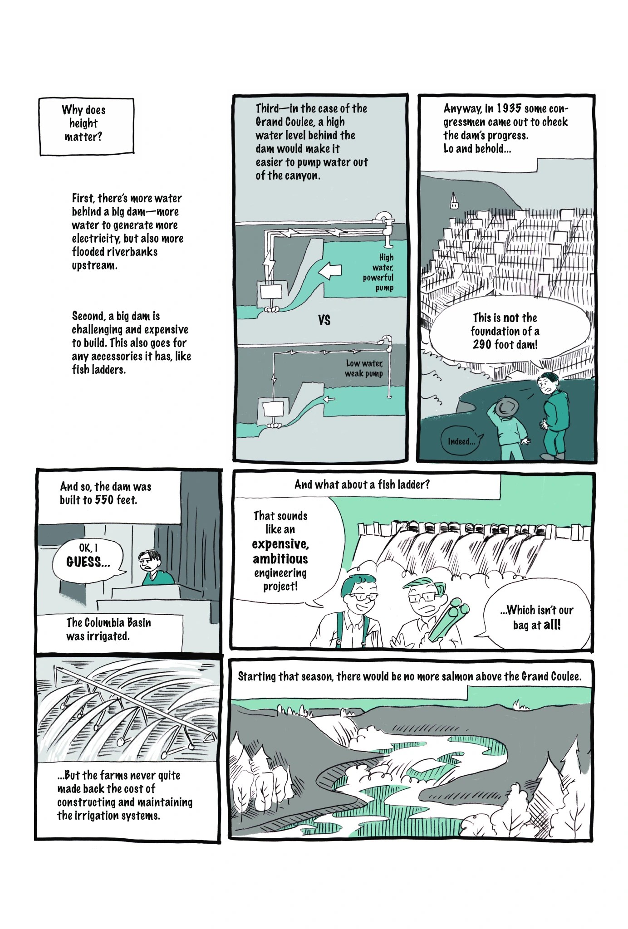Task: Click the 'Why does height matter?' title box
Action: click(87, 127)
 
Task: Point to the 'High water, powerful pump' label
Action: click(378, 272)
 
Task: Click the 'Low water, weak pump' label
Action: click(364, 368)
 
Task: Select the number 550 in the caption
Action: click(105, 500)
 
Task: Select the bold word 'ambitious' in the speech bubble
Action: click(280, 559)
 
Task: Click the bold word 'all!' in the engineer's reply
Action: click(552, 625)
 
